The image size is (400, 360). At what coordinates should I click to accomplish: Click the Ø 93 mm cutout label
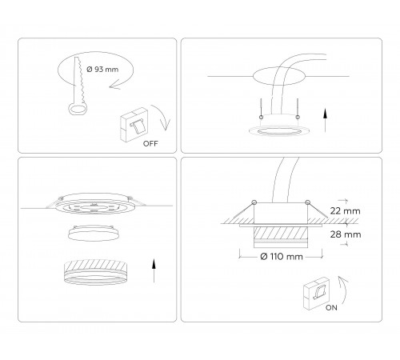(x=102, y=70)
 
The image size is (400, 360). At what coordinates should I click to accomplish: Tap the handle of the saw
(x=78, y=110)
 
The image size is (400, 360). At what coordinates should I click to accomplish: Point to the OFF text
(x=150, y=144)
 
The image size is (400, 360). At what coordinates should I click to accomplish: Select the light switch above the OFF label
(x=134, y=125)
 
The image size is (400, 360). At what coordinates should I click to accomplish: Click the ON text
(x=331, y=308)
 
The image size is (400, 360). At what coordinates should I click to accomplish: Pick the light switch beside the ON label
(x=316, y=294)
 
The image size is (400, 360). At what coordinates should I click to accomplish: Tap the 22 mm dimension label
(x=346, y=211)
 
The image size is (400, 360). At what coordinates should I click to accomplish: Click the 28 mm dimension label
(x=346, y=234)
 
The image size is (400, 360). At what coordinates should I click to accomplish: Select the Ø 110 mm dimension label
(x=282, y=257)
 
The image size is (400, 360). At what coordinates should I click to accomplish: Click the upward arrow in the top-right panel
(x=325, y=120)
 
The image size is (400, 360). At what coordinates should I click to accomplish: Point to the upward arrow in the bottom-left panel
(x=154, y=270)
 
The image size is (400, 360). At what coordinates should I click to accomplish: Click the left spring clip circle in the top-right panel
(x=262, y=117)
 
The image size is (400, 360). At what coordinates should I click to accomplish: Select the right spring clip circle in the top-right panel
(x=298, y=117)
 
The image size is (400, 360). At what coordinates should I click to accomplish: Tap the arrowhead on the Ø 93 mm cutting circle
(x=114, y=86)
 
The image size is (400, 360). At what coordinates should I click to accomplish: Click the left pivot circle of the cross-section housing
(x=254, y=202)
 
